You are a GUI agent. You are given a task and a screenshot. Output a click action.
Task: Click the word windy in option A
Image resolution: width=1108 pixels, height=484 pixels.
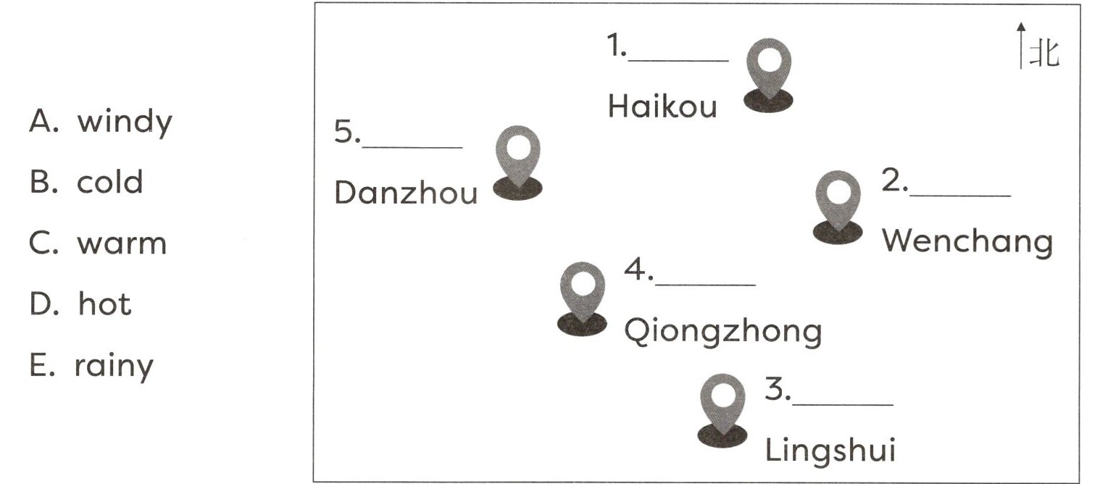coord(125,122)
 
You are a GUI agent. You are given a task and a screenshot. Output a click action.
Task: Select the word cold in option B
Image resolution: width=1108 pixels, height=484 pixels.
coord(110,182)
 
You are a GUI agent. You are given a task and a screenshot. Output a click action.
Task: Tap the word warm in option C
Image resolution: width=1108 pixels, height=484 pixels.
coord(122,243)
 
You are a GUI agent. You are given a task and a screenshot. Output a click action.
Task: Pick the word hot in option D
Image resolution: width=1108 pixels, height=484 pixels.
coord(105,304)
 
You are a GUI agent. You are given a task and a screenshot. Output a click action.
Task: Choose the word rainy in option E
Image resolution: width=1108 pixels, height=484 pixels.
coord(114,365)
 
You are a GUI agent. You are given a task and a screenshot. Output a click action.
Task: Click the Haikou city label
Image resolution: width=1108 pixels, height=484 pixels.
coord(662,107)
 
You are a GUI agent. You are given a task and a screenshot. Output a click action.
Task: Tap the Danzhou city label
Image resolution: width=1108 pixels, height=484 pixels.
coord(406,193)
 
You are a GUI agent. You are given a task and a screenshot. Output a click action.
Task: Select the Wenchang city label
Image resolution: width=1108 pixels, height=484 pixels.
coord(967,241)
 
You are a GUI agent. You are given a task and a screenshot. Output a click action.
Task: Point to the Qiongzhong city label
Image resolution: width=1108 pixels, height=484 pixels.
coord(722,332)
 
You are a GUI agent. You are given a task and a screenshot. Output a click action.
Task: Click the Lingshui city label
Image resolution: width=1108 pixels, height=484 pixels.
coord(830,451)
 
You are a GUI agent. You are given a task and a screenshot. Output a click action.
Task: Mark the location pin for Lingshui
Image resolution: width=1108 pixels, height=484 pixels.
coord(722,409)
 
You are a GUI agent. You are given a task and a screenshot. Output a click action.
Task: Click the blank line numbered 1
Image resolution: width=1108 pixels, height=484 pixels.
coord(678,59)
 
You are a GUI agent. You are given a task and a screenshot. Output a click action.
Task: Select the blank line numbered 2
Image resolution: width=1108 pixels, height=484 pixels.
coord(960,194)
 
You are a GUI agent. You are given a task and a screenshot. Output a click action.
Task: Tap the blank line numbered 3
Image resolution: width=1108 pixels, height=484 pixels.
coord(843,404)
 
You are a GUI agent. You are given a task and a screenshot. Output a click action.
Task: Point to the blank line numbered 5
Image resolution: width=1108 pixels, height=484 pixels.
coord(412,146)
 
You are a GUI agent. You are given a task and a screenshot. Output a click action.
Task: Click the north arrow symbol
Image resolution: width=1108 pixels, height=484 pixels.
coord(1021,46)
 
